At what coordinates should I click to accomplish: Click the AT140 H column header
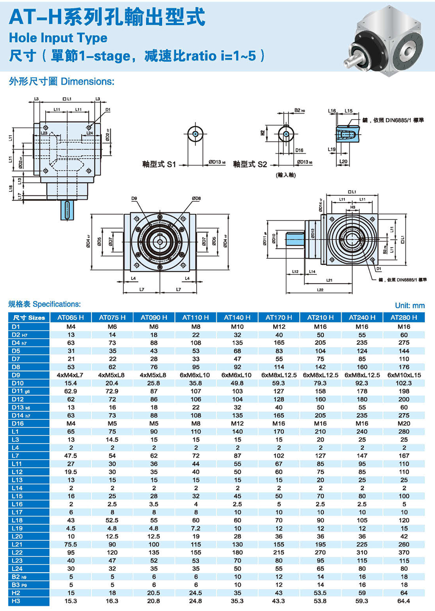tap(237, 317)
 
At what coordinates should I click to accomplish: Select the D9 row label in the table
tap(16, 375)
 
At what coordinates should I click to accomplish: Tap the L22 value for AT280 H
tap(404, 552)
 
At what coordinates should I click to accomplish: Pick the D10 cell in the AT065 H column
tap(70, 383)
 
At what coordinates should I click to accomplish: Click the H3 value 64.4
tap(404, 601)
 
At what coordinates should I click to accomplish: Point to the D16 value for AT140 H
tap(237, 424)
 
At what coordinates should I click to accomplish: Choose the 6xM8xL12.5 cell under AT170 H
tap(279, 375)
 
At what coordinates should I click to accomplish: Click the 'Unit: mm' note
tap(410, 305)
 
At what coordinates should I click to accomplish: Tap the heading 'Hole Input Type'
tap(58, 38)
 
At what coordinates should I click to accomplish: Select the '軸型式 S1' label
tap(159, 164)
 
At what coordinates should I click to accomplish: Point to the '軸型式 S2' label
tap(250, 164)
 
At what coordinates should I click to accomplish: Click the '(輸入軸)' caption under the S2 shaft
tap(286, 175)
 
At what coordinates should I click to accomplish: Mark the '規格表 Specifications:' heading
tap(44, 304)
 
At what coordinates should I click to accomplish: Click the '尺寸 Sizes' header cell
tap(29, 317)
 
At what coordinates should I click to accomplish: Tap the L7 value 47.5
tap(70, 456)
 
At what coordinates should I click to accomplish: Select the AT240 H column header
tap(362, 317)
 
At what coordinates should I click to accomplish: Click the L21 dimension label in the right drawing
tap(329, 280)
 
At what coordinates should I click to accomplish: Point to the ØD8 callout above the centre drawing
tap(196, 198)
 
